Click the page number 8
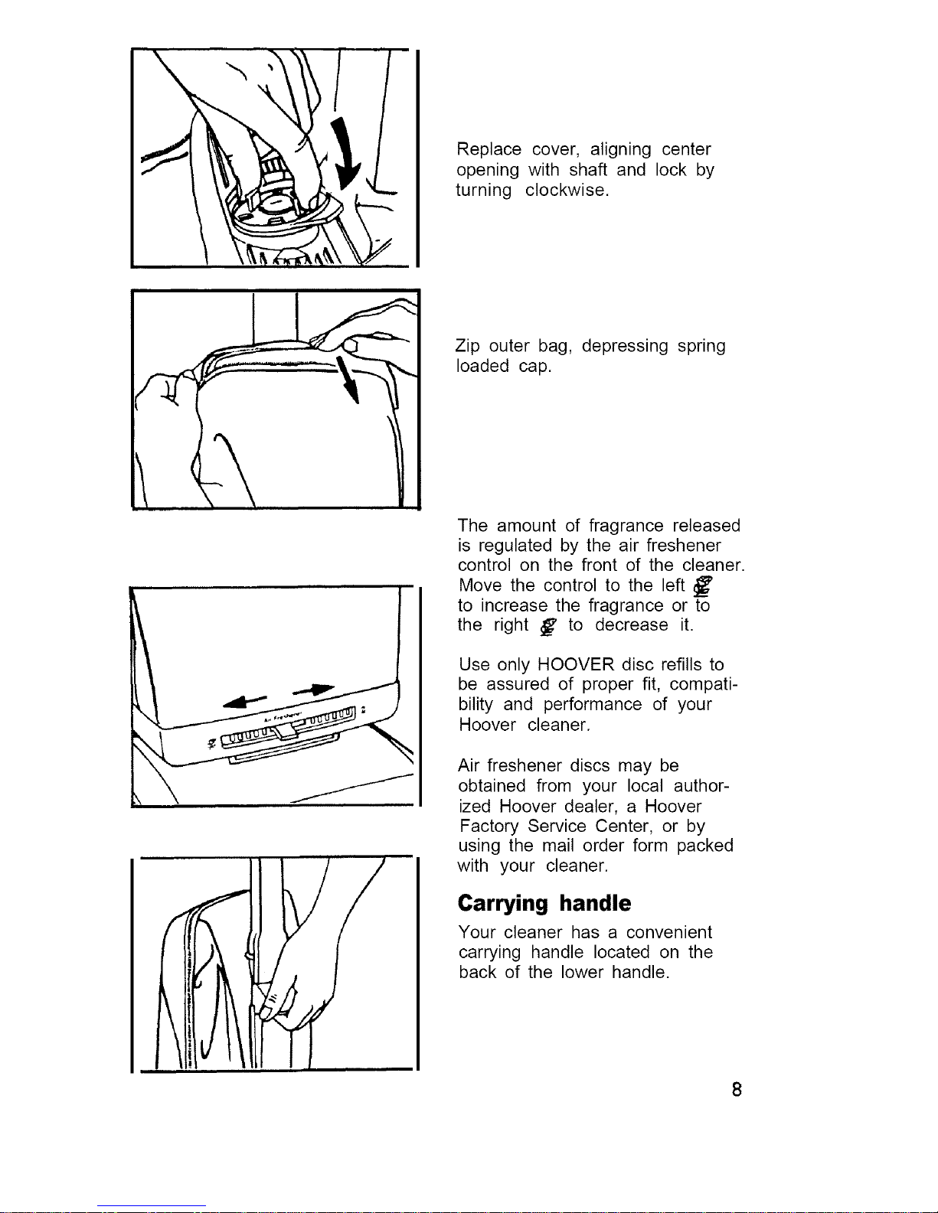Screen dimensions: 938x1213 coord(737,1090)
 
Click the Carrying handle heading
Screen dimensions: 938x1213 coord(544,904)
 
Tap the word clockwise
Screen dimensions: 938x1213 coord(567,190)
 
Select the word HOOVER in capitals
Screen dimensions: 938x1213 coord(576,664)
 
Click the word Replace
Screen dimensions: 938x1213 coord(489,149)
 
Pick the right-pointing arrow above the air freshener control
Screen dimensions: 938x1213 coord(313,690)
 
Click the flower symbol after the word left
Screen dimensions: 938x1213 coord(702,586)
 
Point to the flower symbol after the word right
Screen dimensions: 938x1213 coord(548,628)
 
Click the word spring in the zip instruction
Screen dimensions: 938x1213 coord(701,346)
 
